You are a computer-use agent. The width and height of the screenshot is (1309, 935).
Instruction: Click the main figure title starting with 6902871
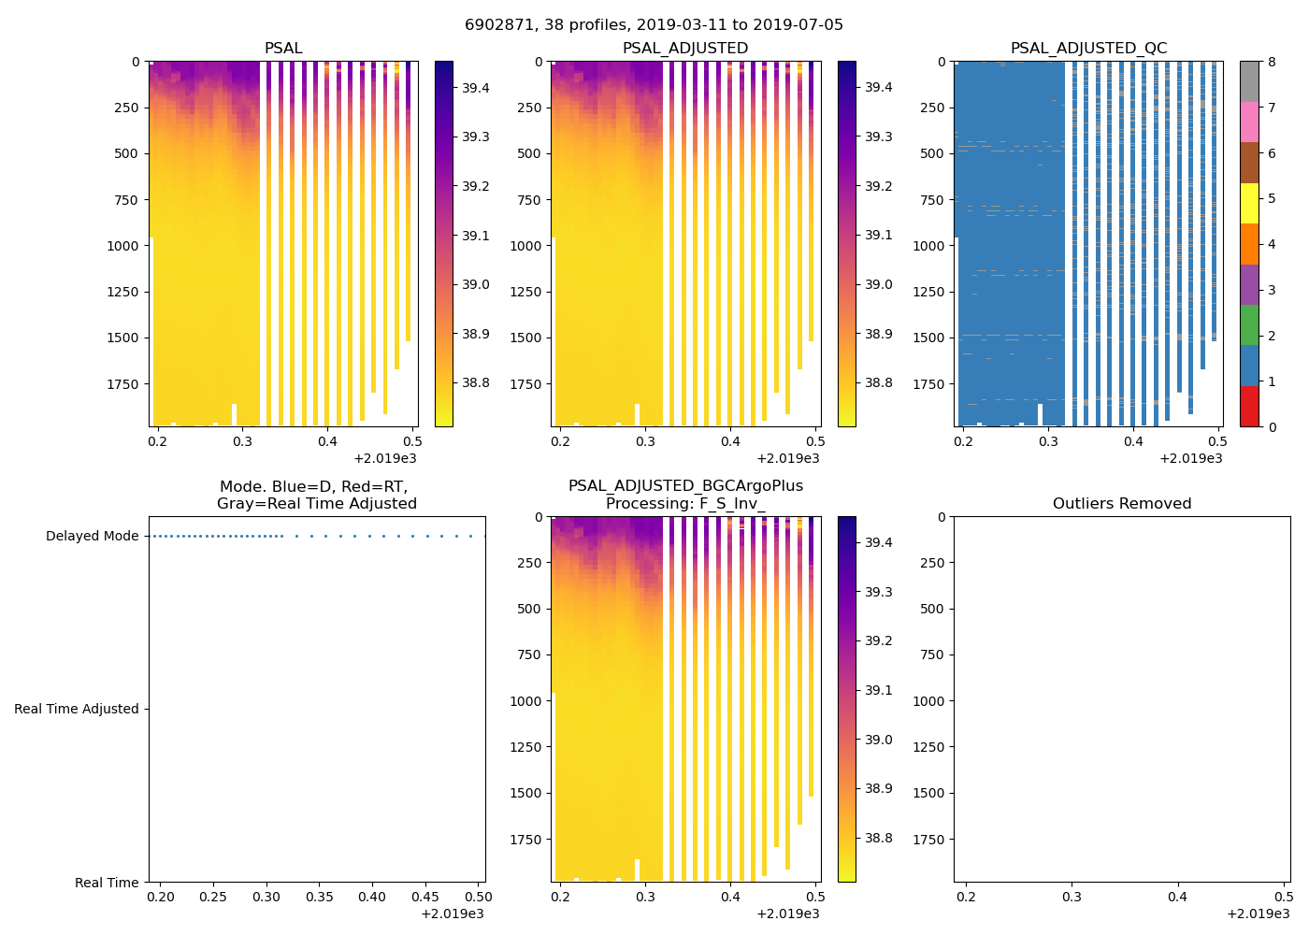coord(654,25)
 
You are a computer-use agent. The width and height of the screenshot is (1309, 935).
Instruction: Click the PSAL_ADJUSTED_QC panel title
coord(1088,49)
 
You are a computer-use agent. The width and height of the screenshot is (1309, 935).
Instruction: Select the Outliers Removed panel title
coord(1121,504)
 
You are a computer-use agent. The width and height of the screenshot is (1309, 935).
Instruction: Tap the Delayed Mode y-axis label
coord(92,537)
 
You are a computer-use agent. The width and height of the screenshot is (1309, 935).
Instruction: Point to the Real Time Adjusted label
coord(77,710)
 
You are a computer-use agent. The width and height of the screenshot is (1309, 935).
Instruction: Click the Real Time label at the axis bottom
coord(107,883)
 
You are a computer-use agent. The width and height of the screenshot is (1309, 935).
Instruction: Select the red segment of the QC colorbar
coord(1249,407)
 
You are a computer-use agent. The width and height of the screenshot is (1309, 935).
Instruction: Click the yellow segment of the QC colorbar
coord(1249,204)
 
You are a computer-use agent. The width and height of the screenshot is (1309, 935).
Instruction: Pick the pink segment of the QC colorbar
coord(1249,122)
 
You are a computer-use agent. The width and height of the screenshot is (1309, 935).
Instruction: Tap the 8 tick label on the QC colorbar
coord(1272,62)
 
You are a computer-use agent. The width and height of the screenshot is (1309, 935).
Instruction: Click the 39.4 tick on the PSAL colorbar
coord(476,88)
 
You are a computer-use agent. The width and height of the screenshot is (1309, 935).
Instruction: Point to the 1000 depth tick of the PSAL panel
coord(122,246)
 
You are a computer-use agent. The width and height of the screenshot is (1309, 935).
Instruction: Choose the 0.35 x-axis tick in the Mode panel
coord(320,898)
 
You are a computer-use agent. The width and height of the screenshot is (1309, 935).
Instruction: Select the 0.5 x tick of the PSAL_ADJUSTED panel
coord(815,442)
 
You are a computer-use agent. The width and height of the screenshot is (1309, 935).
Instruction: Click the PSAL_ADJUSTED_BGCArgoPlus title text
coord(685,486)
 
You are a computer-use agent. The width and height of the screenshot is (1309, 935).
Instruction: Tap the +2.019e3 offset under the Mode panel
coord(453,913)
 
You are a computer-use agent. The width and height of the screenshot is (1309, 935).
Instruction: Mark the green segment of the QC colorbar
coord(1249,325)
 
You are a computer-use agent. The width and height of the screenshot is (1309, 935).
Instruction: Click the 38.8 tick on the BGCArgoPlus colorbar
coord(878,838)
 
